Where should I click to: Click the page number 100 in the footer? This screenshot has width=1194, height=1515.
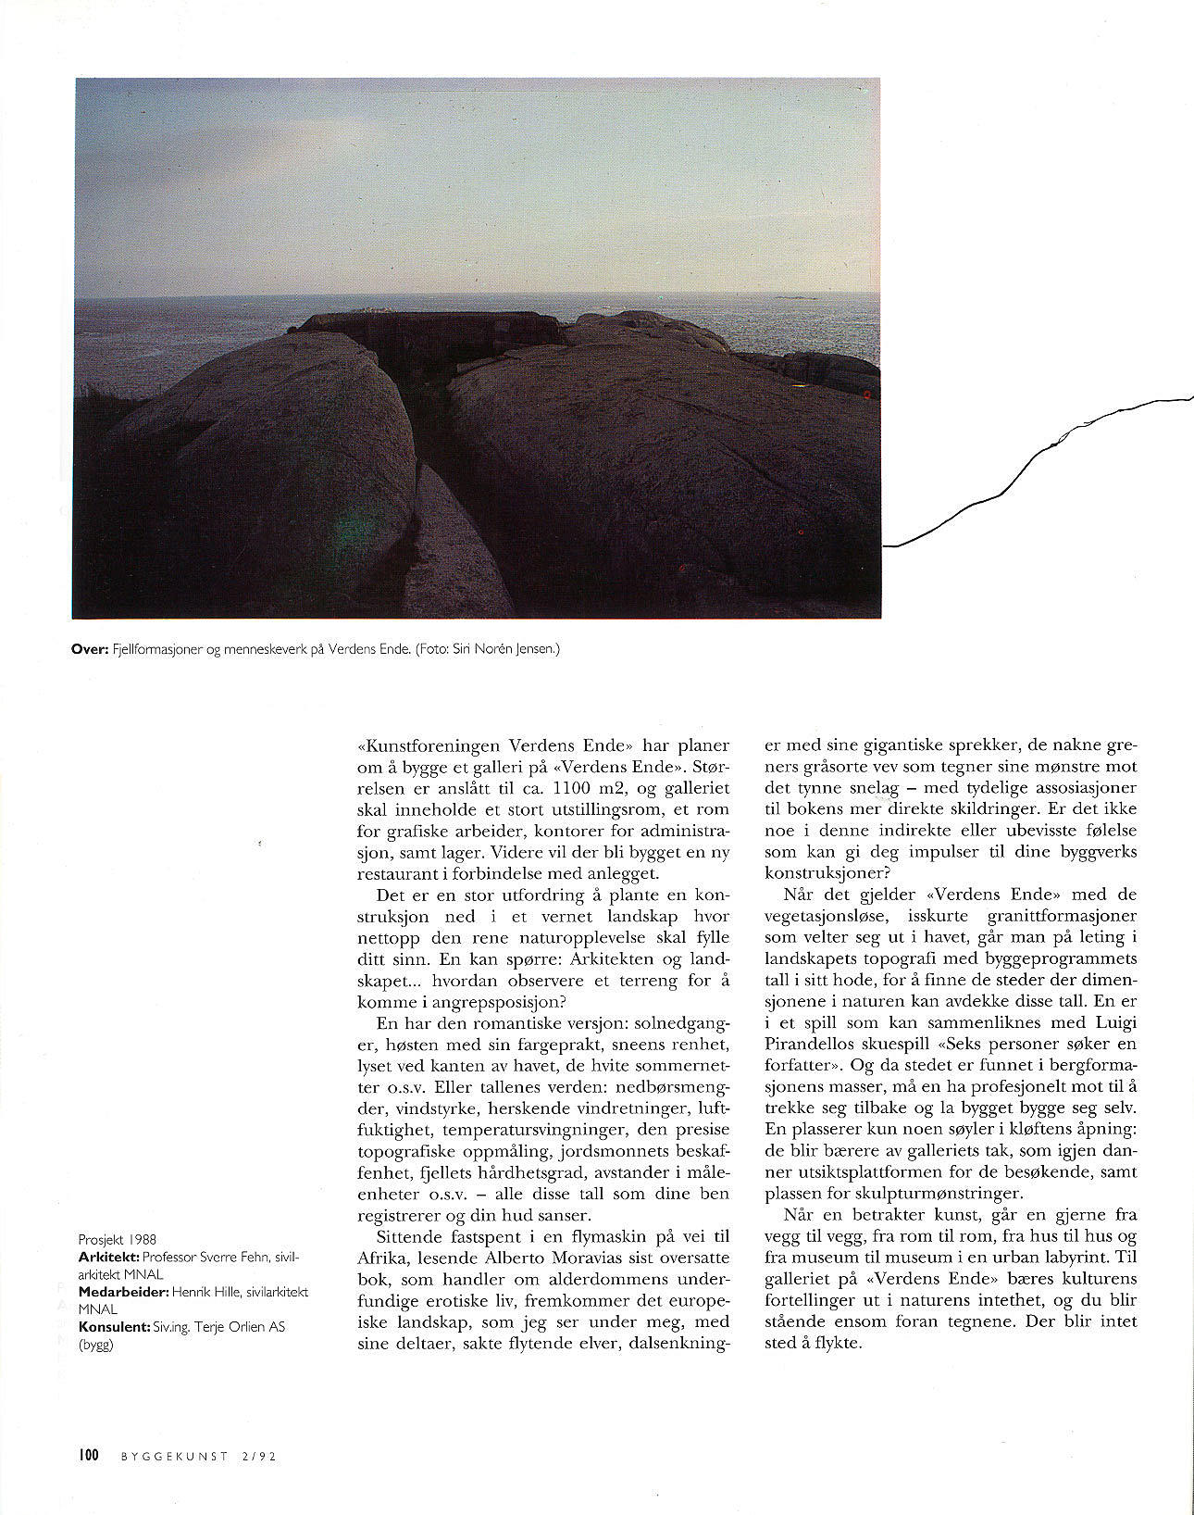(88, 1456)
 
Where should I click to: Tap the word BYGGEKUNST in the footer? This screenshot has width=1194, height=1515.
(175, 1457)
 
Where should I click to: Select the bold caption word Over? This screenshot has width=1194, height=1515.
(89, 649)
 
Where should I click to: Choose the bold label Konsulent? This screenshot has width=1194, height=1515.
(114, 1326)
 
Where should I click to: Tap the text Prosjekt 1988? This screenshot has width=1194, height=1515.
(118, 1239)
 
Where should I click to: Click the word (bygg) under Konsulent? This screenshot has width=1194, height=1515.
(96, 1345)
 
